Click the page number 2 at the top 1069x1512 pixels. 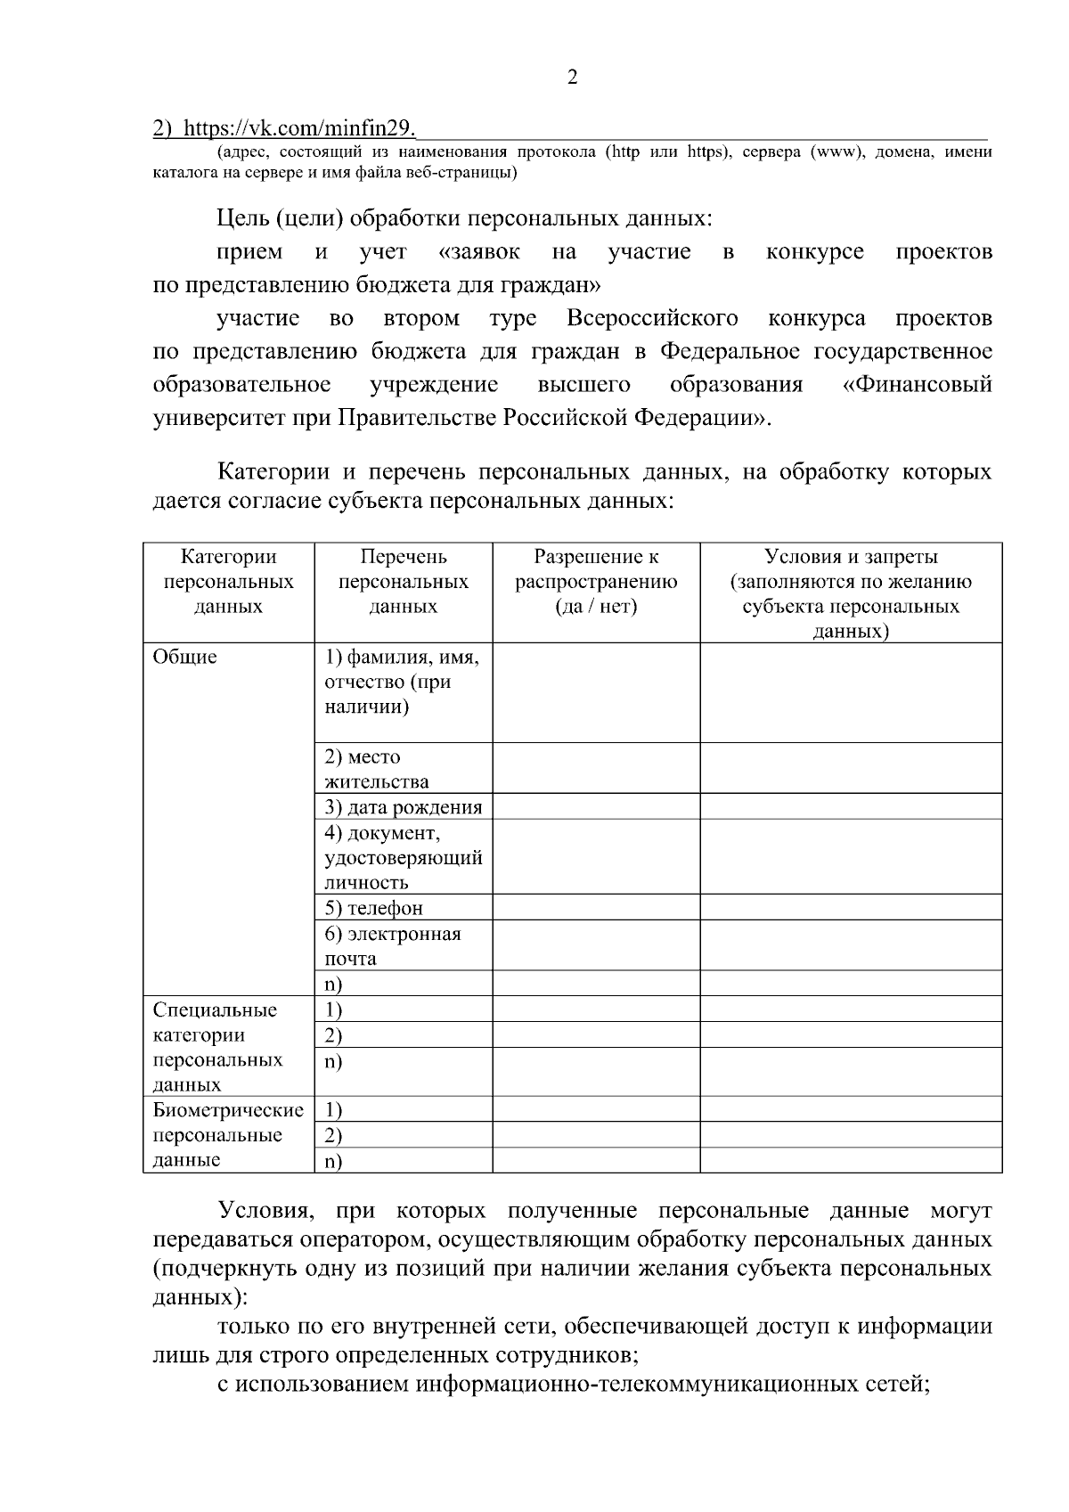[572, 78]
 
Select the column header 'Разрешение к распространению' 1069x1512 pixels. [596, 582]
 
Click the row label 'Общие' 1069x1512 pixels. [184, 658]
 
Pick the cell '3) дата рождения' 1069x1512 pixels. [403, 807]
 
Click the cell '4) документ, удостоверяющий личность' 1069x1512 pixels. [403, 857]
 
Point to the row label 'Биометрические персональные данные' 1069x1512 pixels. [228, 1135]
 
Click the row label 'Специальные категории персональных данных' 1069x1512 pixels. [218, 1047]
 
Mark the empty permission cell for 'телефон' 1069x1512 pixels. [596, 908]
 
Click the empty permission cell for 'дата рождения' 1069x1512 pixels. [596, 807]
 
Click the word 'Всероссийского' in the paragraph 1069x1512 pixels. [652, 319]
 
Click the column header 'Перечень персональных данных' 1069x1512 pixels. [403, 582]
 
